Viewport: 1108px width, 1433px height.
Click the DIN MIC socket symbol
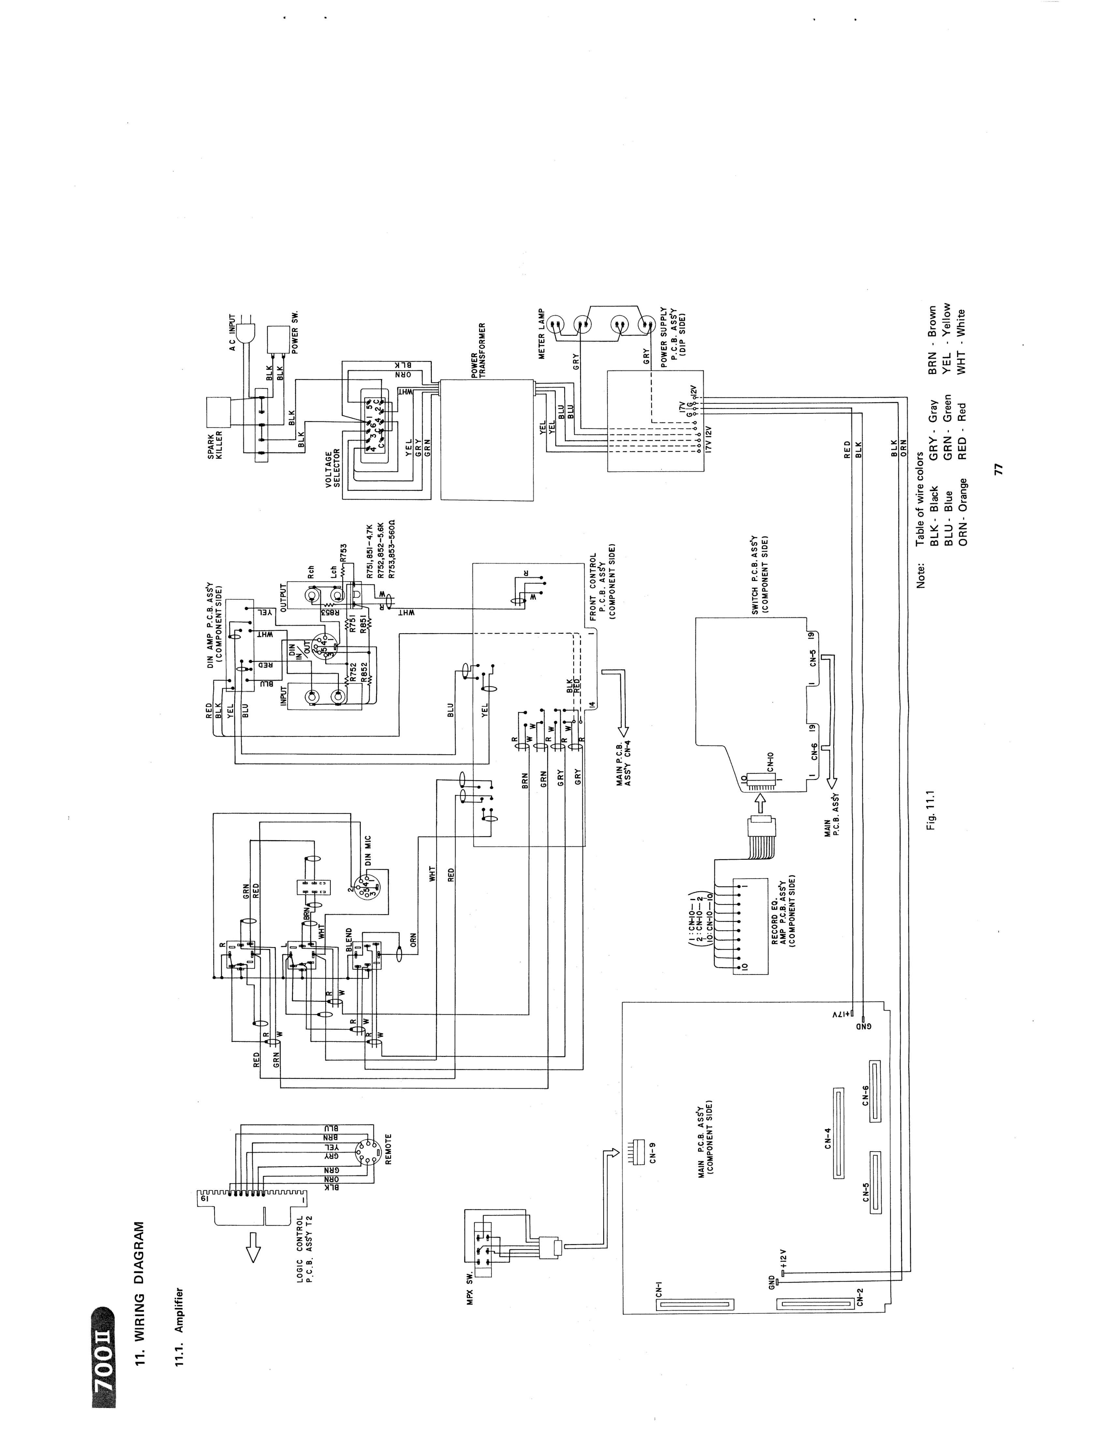362,888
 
